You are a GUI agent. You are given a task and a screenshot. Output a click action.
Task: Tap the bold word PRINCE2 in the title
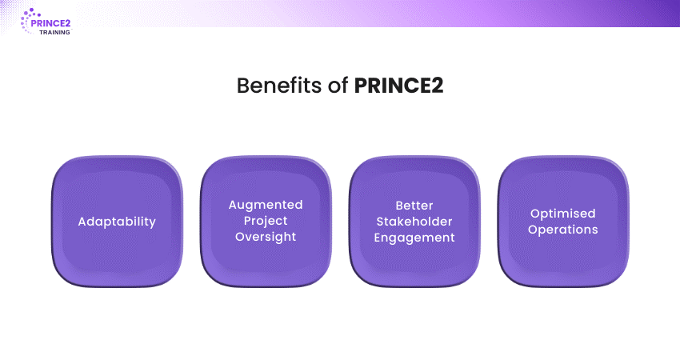click(x=398, y=86)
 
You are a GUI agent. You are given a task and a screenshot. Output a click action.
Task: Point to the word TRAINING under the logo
click(x=54, y=33)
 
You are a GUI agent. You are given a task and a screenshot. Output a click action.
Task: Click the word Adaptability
click(x=117, y=221)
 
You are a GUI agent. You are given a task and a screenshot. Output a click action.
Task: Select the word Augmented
click(x=266, y=205)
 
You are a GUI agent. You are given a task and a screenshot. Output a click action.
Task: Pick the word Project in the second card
click(x=266, y=221)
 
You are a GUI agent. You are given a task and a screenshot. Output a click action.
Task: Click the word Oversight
click(x=266, y=237)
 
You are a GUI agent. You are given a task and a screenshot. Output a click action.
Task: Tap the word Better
click(x=414, y=205)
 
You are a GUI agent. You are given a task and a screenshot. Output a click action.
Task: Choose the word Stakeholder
click(x=414, y=221)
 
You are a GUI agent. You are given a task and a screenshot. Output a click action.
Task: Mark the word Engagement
click(x=414, y=237)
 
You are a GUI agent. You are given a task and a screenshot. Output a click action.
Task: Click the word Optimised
click(x=563, y=213)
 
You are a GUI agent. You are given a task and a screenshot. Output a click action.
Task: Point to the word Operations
click(x=563, y=229)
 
